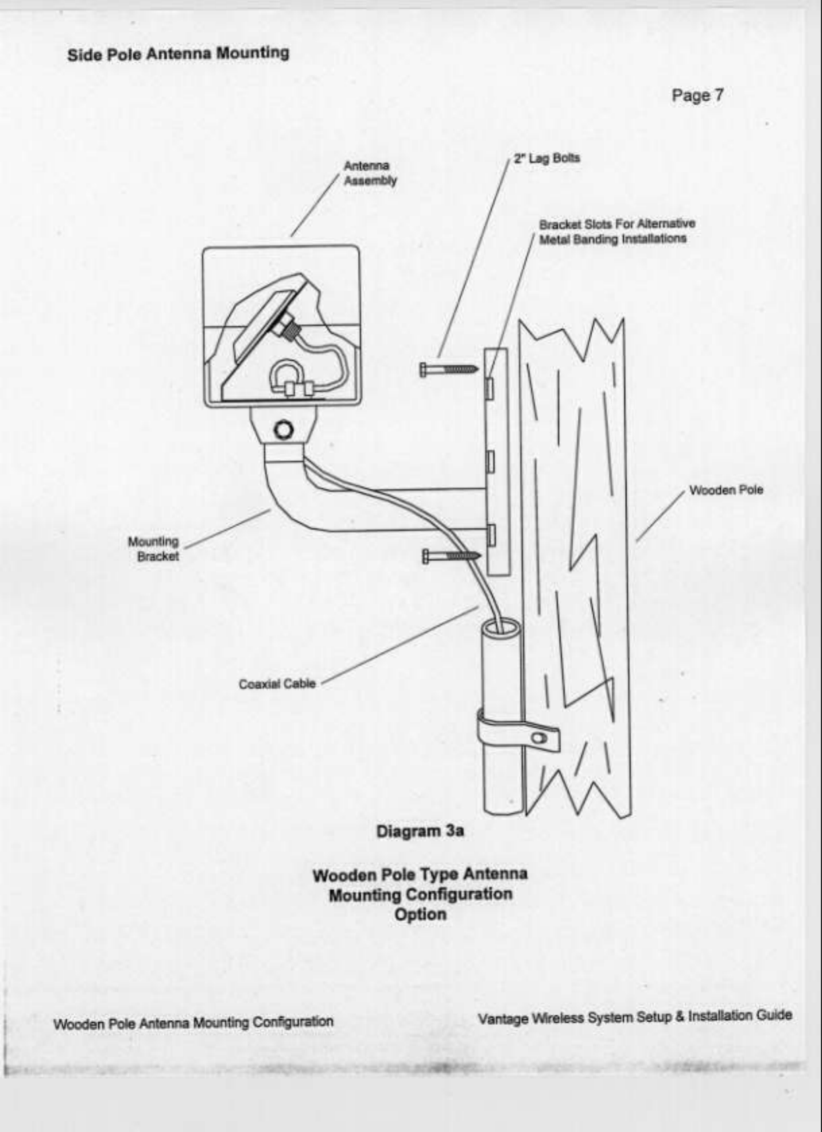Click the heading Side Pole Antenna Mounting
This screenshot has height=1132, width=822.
click(x=178, y=54)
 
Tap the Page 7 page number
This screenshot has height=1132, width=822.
click(x=697, y=96)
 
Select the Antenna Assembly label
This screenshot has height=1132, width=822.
click(x=370, y=173)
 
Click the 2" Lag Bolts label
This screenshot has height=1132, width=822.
click(x=546, y=158)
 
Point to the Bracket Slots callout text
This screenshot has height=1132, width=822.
click(x=616, y=231)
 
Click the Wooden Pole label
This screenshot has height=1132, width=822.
click(x=726, y=490)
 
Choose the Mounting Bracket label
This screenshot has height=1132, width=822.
click(x=154, y=548)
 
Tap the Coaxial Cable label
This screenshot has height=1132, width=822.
click(x=277, y=684)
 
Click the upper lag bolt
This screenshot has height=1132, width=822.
click(x=448, y=369)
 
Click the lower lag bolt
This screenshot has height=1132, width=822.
click(x=450, y=556)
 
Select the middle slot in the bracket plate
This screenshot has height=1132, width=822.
click(x=491, y=461)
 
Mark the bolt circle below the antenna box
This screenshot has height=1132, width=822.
click(x=284, y=429)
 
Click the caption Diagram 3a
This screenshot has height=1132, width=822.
click(x=420, y=831)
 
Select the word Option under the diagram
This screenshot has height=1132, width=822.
click(x=420, y=914)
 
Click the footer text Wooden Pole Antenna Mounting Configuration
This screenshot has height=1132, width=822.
click(x=193, y=1022)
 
